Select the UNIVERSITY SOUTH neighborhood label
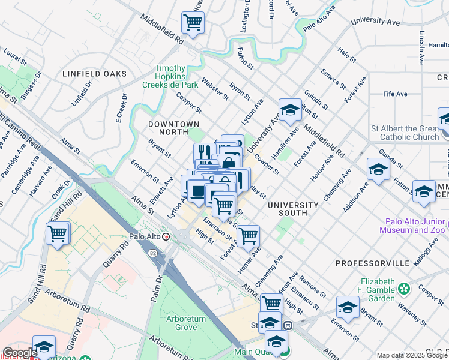292,209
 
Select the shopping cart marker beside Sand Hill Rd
58,234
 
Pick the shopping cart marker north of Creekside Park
193,24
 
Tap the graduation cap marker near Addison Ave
379,170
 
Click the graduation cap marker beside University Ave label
290,110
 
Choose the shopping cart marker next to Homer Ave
247,236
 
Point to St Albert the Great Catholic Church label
405,133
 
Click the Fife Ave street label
396,94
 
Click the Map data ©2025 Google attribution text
411,355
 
